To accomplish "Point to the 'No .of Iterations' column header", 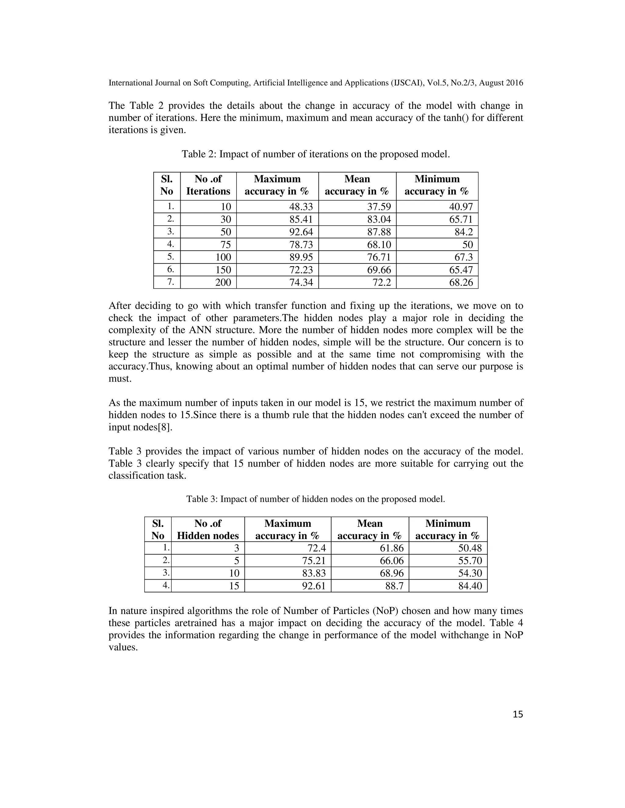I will [x=208, y=185].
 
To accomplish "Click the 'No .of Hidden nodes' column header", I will [x=208, y=529].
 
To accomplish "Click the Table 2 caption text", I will [x=316, y=154].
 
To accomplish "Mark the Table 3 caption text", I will [x=316, y=499].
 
